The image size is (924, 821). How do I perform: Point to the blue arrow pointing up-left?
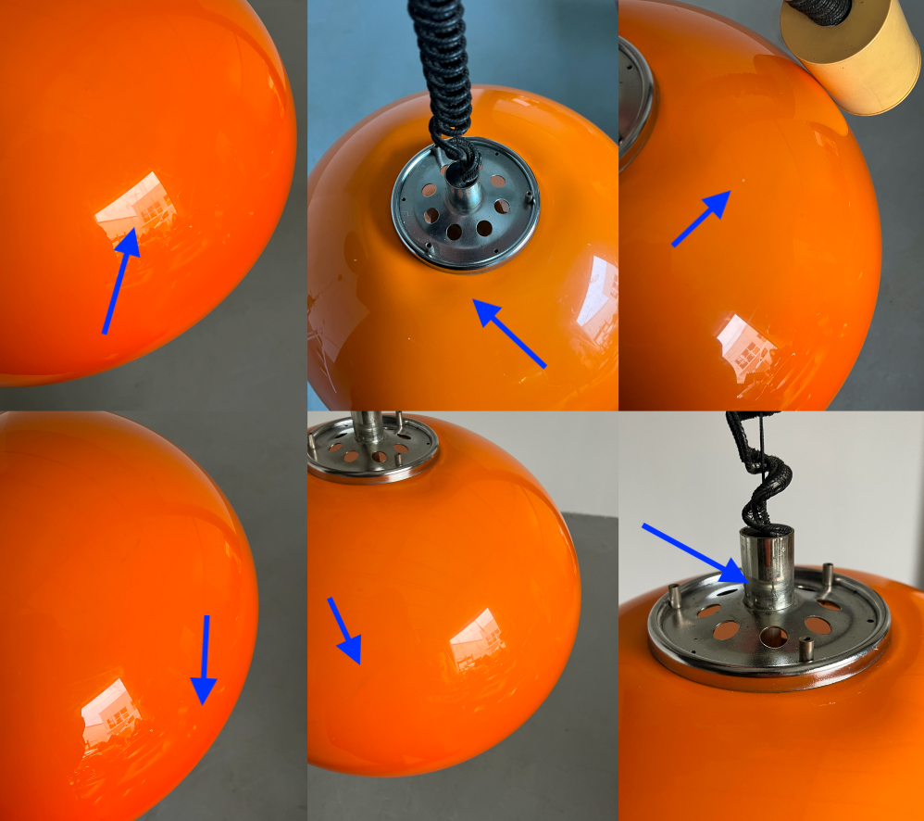coord(509,334)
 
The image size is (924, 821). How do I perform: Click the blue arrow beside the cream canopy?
coord(701,220)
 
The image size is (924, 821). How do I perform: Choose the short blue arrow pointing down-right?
coord(343,631)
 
